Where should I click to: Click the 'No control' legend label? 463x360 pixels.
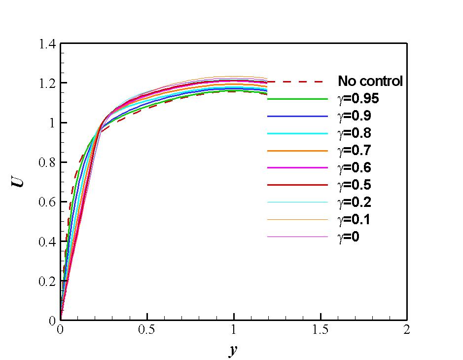pyautogui.click(x=370, y=81)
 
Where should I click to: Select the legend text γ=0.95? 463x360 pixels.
pyautogui.click(x=358, y=98)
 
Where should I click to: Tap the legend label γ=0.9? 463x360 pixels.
pyautogui.click(x=355, y=116)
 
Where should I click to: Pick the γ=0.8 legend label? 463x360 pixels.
pyautogui.click(x=355, y=133)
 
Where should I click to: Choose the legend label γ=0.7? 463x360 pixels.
pyautogui.click(x=355, y=150)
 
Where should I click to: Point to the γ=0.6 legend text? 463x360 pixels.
pyautogui.click(x=355, y=168)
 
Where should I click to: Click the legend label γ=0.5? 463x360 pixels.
pyautogui.click(x=355, y=185)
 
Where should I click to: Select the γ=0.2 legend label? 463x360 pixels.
pyautogui.click(x=355, y=202)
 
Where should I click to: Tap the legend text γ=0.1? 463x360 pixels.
pyautogui.click(x=355, y=219)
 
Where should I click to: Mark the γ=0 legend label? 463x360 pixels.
pyautogui.click(x=349, y=237)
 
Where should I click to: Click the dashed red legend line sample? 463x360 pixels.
pyautogui.click(x=297, y=81)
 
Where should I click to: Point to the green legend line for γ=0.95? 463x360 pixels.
pyautogui.click(x=297, y=99)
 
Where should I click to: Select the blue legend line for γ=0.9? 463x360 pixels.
pyautogui.click(x=297, y=116)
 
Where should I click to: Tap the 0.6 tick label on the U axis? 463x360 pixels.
pyautogui.click(x=47, y=202)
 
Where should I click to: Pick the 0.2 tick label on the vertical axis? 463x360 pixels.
pyautogui.click(x=47, y=281)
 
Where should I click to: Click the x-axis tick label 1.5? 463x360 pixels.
pyautogui.click(x=321, y=330)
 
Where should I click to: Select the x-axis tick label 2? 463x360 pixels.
pyautogui.click(x=407, y=330)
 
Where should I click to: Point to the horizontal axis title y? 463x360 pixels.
pyautogui.click(x=233, y=351)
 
